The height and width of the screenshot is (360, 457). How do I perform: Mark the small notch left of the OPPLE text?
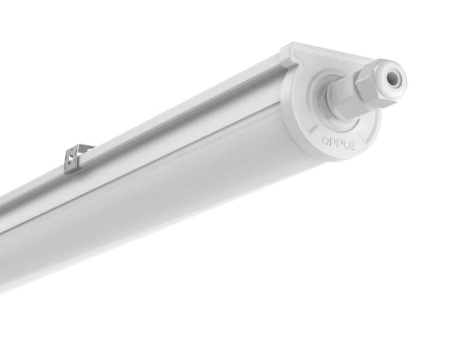pos(314,137)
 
